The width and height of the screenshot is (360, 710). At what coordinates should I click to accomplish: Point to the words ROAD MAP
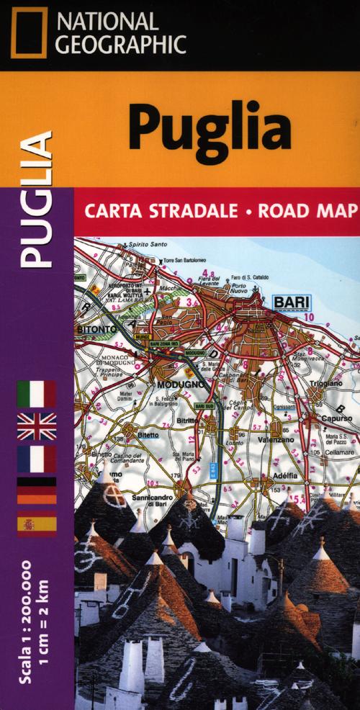313,211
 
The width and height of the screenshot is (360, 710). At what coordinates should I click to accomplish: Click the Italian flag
37,395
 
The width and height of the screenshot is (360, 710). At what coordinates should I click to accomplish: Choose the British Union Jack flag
37,426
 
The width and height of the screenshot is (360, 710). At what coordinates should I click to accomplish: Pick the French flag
37,458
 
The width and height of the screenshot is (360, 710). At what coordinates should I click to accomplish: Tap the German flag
37,489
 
